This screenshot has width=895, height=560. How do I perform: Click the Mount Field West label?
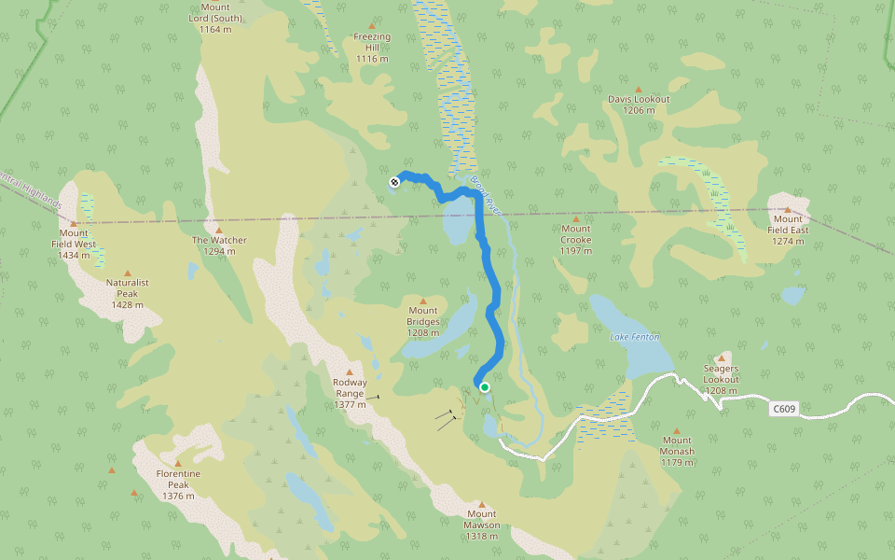click(x=73, y=244)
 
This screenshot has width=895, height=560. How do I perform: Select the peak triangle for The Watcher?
click(x=219, y=230)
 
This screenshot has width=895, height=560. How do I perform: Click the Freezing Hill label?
click(x=372, y=42)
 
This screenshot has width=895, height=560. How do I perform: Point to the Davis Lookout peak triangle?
click(x=639, y=89)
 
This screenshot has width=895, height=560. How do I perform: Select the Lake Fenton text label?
click(x=634, y=336)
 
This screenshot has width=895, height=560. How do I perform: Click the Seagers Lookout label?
click(x=722, y=374)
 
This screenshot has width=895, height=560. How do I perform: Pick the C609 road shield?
click(x=784, y=409)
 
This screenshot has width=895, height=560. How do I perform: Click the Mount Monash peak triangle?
click(x=678, y=430)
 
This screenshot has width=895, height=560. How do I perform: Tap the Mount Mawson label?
click(x=482, y=519)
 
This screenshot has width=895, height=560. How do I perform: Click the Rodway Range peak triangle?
click(x=351, y=371)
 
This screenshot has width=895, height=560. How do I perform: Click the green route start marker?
click(x=485, y=386)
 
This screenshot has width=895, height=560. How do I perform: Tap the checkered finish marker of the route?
click(x=394, y=182)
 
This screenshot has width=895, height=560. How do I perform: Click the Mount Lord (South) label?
click(x=214, y=12)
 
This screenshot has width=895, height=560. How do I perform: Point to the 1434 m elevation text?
click(x=73, y=255)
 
